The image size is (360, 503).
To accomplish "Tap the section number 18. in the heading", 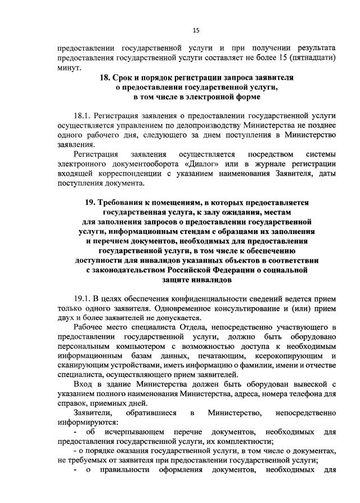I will [x=107, y=77].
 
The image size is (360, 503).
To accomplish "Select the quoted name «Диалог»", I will [x=200, y=163].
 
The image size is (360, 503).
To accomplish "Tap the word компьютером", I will [x=123, y=347].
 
